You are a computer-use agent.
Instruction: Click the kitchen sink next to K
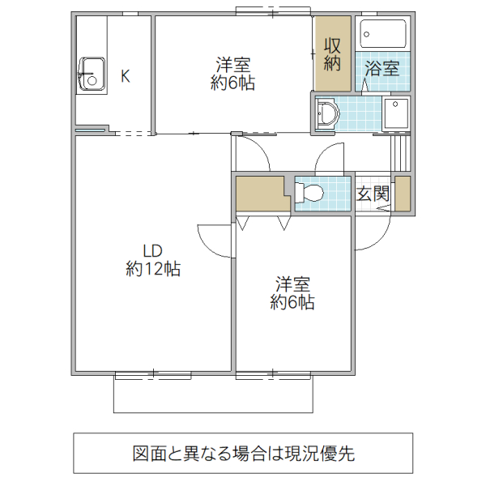click(x=90, y=75)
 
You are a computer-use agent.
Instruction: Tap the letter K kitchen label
click(x=126, y=77)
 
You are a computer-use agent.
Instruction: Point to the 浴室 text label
click(x=382, y=68)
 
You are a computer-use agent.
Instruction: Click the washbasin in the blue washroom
click(x=326, y=113)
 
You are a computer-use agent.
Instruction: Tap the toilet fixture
click(x=310, y=194)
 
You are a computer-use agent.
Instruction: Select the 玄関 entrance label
click(x=373, y=194)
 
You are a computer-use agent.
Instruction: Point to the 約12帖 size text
click(x=153, y=270)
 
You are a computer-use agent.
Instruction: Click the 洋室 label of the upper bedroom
click(x=233, y=64)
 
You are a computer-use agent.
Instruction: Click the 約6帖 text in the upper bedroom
click(x=233, y=83)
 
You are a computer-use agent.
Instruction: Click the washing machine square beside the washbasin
click(x=396, y=113)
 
